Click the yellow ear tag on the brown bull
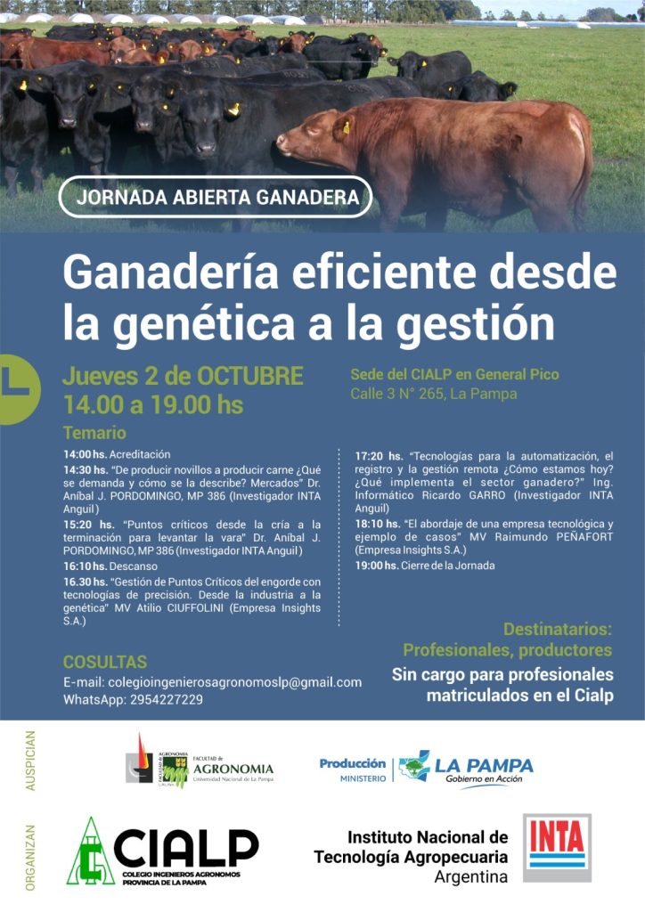pyautogui.click(x=347, y=126)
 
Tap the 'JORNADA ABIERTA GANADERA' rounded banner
pyautogui.click(x=216, y=197)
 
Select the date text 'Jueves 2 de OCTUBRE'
pyautogui.click(x=183, y=377)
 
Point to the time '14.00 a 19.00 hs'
pyautogui.click(x=153, y=405)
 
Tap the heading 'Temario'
pyautogui.click(x=94, y=433)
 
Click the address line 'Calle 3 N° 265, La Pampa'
pyautogui.click(x=433, y=395)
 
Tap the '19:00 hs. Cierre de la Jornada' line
pyautogui.click(x=425, y=566)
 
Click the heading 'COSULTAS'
pyautogui.click(x=105, y=662)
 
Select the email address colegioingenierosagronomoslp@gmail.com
pyautogui.click(x=234, y=682)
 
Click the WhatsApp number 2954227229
pyautogui.click(x=167, y=700)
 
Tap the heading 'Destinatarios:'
pyautogui.click(x=557, y=630)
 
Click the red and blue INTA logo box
pyautogui.click(x=557, y=848)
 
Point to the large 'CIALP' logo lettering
pyautogui.click(x=186, y=848)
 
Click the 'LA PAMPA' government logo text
pyautogui.click(x=484, y=765)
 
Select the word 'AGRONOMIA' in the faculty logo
pyautogui.click(x=233, y=769)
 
